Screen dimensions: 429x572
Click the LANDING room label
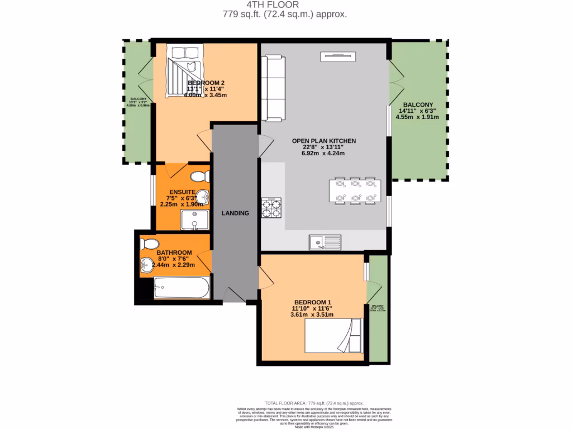click(235, 213)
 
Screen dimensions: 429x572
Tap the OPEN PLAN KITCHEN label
click(324, 141)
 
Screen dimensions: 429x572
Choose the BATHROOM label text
click(174, 252)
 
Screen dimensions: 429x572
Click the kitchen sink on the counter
click(325, 242)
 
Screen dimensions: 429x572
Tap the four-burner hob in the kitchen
click(271, 207)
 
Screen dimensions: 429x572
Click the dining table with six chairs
click(355, 189)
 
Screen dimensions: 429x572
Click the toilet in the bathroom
click(149, 244)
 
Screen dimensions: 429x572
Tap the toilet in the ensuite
click(198, 177)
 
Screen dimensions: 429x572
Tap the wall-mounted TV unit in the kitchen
click(337, 55)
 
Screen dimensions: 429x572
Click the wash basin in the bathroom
click(147, 264)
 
